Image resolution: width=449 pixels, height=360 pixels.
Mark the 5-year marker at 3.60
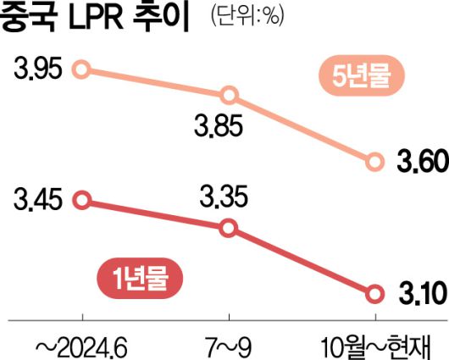point(374,163)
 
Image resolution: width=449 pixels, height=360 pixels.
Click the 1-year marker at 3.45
point(82,200)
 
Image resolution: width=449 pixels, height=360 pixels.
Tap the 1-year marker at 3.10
point(374,294)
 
